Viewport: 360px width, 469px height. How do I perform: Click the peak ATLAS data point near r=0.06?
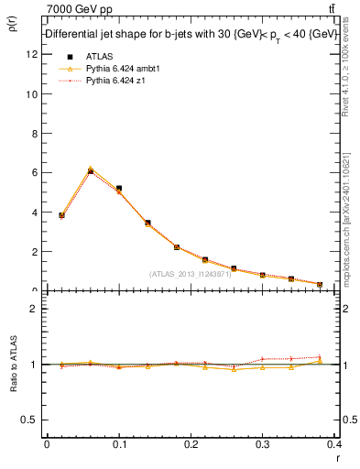tap(91, 171)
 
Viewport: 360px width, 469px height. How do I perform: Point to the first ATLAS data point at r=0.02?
tap(61, 215)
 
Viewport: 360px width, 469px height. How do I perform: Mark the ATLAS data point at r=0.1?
tap(119, 189)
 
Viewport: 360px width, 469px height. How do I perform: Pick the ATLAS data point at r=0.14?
tap(147, 223)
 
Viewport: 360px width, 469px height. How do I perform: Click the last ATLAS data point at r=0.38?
tap(320, 285)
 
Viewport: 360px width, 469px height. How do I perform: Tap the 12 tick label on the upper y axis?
tap(32, 54)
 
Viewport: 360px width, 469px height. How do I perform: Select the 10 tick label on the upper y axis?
tap(32, 93)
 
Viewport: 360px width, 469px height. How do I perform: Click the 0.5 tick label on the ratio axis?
tap(29, 420)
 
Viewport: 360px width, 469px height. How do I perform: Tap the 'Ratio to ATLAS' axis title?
tap(13, 364)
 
